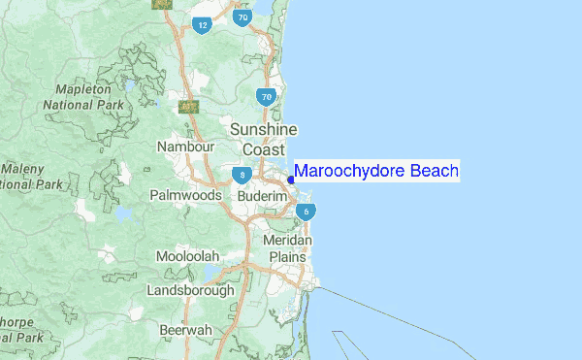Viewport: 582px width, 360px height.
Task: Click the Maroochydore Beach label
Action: tap(376, 172)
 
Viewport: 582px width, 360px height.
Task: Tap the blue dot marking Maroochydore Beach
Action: tap(291, 179)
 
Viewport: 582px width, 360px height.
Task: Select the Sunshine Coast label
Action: tap(264, 140)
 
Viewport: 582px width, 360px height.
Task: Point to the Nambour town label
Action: tap(185, 147)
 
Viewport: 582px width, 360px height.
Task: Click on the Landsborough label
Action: tap(190, 290)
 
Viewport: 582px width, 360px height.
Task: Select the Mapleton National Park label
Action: tap(78, 97)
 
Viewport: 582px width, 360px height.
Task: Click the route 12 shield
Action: tap(202, 25)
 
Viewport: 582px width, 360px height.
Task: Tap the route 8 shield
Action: tap(242, 176)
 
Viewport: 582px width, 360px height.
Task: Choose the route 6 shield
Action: tap(306, 212)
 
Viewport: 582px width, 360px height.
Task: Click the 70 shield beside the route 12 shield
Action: tap(242, 18)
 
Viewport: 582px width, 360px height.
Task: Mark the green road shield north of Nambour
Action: tap(189, 106)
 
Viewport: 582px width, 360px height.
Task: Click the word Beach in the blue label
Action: tap(435, 172)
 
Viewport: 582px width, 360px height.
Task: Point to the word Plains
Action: tap(288, 257)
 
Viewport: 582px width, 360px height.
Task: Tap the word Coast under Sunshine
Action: tap(264, 149)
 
